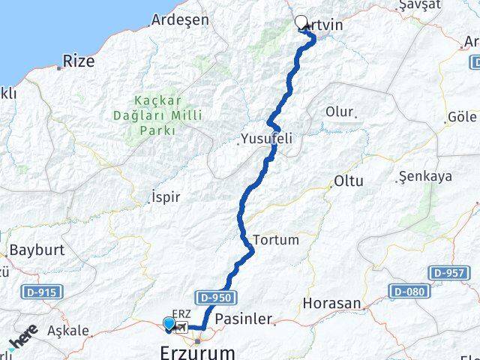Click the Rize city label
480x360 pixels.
79,61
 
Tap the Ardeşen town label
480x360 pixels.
180,19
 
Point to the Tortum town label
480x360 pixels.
276,240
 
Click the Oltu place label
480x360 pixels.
349,181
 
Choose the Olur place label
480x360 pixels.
339,112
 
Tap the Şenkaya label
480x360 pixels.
425,176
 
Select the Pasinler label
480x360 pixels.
244,319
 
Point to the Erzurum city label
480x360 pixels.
197,352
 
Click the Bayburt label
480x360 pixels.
37,250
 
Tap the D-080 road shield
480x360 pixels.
409,290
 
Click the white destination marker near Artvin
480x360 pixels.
301,22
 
